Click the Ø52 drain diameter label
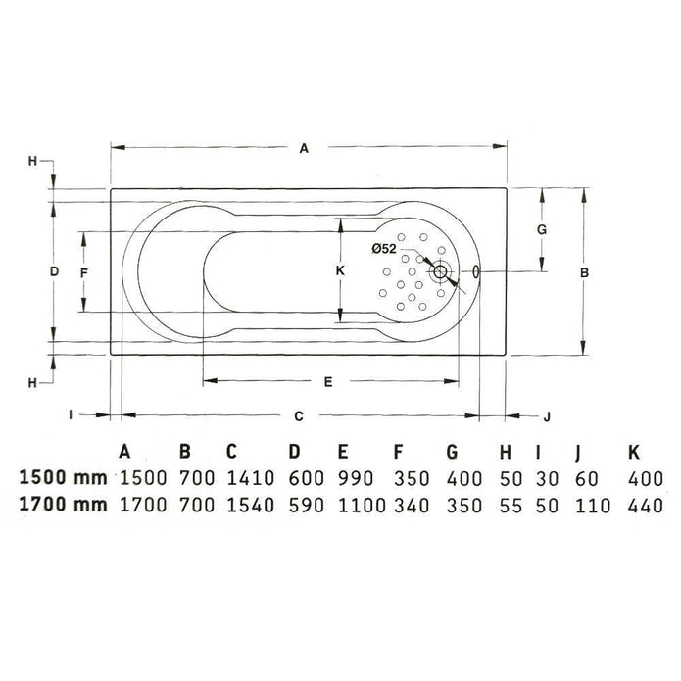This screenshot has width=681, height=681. [x=384, y=249]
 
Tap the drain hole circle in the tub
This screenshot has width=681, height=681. [x=440, y=271]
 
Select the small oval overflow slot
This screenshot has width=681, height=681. [x=476, y=271]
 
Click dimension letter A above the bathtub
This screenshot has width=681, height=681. [x=304, y=149]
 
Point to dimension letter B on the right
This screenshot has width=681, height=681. [x=585, y=272]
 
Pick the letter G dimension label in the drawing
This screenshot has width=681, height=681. [x=542, y=229]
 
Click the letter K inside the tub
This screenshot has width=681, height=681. [x=340, y=270]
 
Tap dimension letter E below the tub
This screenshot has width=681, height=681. [x=328, y=382]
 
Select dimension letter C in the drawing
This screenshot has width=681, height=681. [x=299, y=416]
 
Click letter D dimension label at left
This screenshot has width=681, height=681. [x=54, y=271]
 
